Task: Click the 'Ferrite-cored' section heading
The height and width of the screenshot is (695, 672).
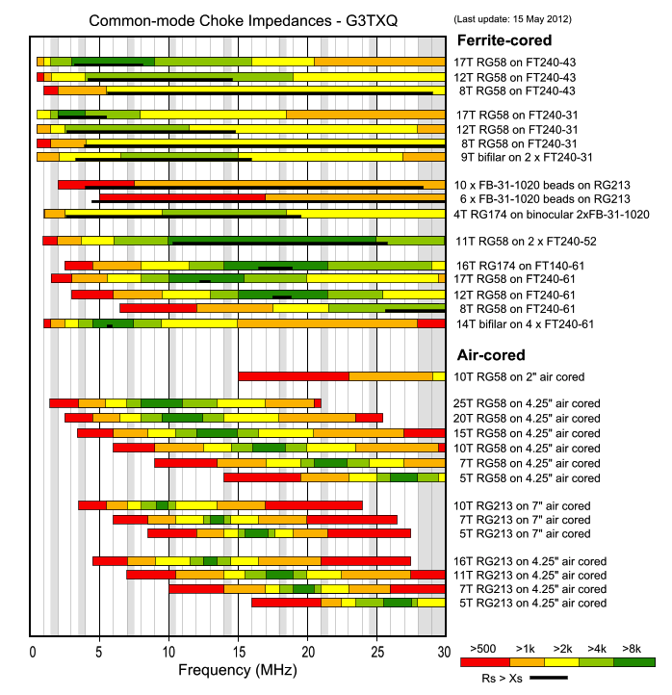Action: click(x=504, y=40)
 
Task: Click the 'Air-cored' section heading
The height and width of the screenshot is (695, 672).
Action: click(x=490, y=354)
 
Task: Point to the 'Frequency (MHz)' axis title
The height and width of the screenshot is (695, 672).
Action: click(x=237, y=668)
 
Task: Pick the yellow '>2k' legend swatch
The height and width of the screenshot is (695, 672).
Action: click(x=558, y=661)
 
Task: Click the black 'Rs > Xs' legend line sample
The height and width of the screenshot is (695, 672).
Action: click(x=549, y=678)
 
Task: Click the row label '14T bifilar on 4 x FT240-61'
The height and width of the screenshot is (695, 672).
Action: click(x=524, y=323)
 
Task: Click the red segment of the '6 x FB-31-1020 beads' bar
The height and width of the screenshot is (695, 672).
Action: click(x=182, y=197)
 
